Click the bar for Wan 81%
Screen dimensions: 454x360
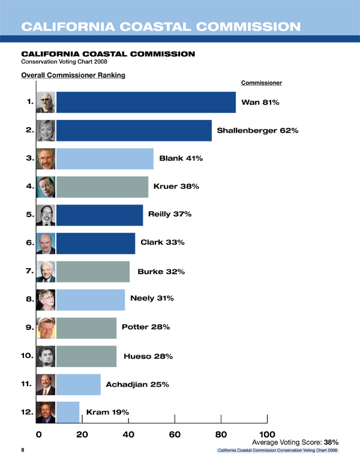click(x=145, y=102)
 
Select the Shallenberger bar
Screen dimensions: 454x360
click(x=133, y=130)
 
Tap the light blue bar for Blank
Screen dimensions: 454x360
click(x=104, y=158)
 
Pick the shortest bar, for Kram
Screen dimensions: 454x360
click(x=67, y=412)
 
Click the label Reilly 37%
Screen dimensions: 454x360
click(x=170, y=214)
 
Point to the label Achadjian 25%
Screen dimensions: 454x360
click(x=137, y=384)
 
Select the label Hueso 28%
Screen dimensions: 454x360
click(x=148, y=356)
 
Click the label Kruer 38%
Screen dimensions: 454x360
click(x=176, y=187)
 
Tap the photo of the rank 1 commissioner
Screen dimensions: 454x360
click(x=46, y=102)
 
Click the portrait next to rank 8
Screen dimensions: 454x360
click(x=46, y=299)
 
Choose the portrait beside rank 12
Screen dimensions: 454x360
click(x=46, y=412)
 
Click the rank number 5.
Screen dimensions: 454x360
click(x=29, y=214)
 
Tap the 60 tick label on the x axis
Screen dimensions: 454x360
click(x=175, y=434)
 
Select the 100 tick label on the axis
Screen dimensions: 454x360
click(x=267, y=434)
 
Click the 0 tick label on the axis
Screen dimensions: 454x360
click(x=39, y=434)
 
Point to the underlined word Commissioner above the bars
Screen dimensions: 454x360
click(x=261, y=82)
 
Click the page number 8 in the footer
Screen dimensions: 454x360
click(x=23, y=449)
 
